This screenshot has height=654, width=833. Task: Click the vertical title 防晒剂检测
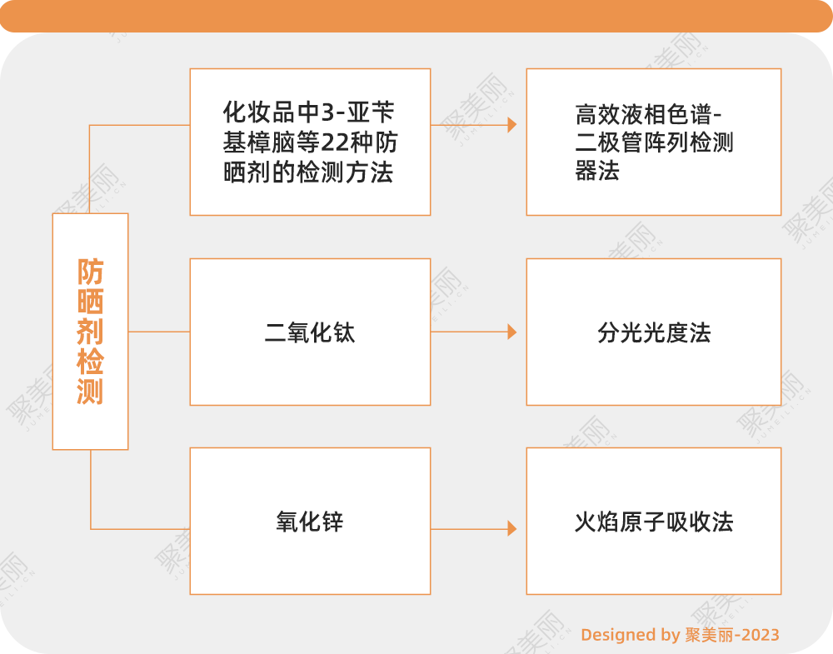(90, 332)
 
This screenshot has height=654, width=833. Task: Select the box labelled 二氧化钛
(310, 332)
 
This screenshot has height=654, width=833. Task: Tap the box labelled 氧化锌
(310, 521)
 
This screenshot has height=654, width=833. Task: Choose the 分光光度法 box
(654, 332)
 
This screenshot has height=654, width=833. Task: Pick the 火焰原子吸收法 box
(654, 521)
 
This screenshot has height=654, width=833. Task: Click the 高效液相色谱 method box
(654, 142)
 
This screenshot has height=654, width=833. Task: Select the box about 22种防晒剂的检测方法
(310, 142)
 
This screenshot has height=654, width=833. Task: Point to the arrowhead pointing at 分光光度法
(511, 332)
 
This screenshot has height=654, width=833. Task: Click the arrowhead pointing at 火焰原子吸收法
(511, 528)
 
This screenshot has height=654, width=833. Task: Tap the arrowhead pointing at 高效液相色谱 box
(511, 125)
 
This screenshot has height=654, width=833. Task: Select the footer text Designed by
(630, 635)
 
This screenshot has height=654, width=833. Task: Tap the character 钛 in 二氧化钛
(344, 332)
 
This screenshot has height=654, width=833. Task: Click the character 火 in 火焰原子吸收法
(585, 522)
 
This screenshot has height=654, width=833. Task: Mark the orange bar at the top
(416, 15)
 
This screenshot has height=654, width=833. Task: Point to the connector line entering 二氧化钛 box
(158, 332)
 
